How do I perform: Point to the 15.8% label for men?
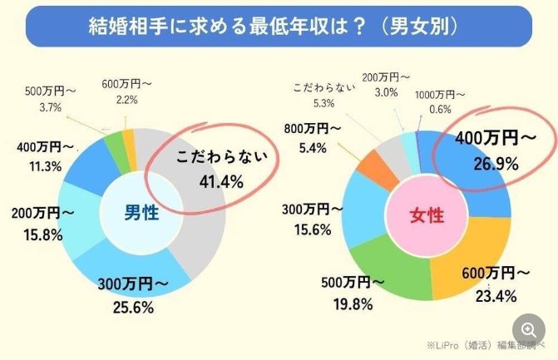coord(37,234)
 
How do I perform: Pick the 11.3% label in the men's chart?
coord(39,165)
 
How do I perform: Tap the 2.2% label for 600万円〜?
coord(126,99)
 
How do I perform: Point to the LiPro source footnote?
coord(486,344)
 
